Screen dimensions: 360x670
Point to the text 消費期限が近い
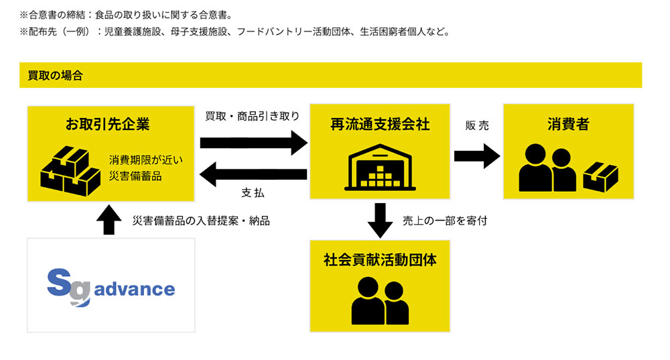click(145, 160)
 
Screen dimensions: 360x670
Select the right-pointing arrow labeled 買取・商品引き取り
click(253, 143)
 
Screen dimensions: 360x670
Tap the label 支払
click(253, 193)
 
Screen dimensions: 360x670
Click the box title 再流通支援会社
click(380, 124)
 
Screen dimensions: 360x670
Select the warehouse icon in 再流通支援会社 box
click(380, 169)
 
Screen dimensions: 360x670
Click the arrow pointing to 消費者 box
click(477, 156)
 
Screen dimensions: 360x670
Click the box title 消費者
click(568, 124)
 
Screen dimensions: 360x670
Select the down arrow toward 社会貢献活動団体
click(380, 221)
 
